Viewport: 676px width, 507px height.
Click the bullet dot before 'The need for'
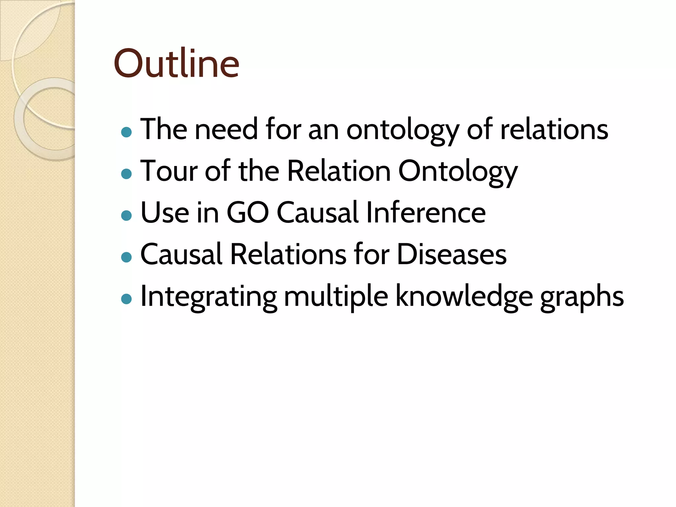point(126,132)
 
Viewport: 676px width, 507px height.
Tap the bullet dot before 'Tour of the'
point(126,174)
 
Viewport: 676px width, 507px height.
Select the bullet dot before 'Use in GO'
point(126,216)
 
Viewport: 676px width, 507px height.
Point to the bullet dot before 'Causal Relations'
point(126,257)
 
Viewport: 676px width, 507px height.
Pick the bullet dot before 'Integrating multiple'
point(126,299)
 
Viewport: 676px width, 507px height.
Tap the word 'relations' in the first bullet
point(554,129)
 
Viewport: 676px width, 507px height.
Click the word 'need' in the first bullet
point(226,129)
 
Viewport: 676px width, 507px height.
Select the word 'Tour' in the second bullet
point(169,171)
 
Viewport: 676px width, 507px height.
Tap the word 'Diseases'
point(452,254)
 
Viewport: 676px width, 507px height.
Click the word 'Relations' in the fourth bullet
point(288,254)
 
